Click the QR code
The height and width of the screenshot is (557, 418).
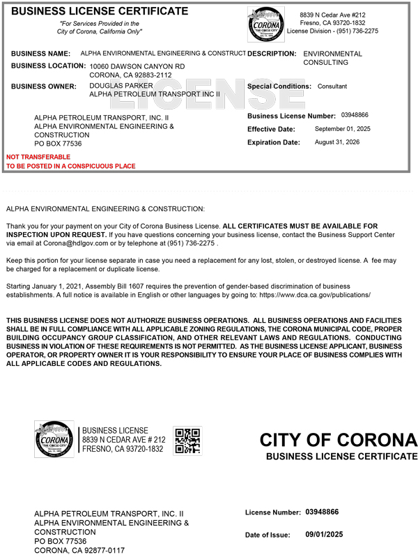(187, 441)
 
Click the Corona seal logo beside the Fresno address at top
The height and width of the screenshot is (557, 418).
(265, 25)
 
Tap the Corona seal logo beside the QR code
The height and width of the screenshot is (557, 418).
(54, 440)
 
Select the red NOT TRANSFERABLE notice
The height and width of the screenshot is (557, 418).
(38, 157)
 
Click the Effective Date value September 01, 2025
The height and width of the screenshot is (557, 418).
(343, 129)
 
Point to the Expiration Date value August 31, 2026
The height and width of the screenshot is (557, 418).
(338, 142)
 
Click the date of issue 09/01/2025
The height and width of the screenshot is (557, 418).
(325, 534)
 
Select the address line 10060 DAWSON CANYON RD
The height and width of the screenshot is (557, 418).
(137, 66)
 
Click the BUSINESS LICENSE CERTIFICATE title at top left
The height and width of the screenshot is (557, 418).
(100, 11)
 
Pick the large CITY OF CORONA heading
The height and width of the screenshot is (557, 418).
(339, 441)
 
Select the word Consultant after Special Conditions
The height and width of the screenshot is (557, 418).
(332, 86)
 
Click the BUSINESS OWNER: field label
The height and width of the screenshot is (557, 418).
(44, 86)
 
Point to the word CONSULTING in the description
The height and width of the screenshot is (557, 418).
(325, 63)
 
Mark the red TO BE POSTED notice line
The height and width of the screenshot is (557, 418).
(71, 166)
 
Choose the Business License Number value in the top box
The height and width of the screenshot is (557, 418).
(355, 115)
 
